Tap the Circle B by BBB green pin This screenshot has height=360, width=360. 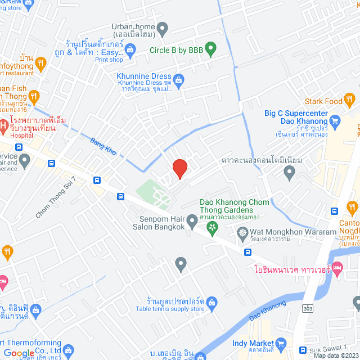click(211, 49)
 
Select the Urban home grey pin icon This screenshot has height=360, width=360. click(163, 27)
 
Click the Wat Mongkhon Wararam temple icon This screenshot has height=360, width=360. click(242, 232)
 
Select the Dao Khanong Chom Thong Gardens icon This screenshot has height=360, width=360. click(213, 227)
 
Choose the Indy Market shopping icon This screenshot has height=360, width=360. click(282, 343)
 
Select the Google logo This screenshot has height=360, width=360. click(19, 353)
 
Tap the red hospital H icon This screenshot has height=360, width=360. click(3, 124)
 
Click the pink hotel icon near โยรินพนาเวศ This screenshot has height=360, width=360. click(337, 269)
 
